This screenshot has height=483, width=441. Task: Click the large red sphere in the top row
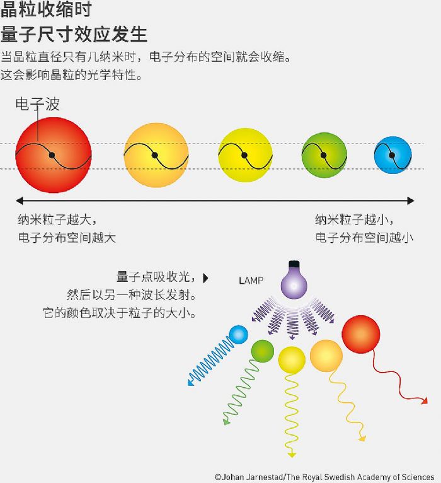pos(54,155)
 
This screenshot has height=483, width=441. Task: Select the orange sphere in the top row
pos(156,155)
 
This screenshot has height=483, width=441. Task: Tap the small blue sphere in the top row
pos(393,155)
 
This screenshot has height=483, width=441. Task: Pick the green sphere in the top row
pos(324,155)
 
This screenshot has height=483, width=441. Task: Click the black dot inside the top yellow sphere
pos(244,155)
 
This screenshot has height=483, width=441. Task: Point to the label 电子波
pos(38,104)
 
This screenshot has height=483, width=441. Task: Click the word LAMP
pos(251,281)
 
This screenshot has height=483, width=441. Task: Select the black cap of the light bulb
pos(294,264)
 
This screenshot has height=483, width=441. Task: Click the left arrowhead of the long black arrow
pos(19,201)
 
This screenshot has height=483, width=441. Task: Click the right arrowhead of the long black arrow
pos(411,201)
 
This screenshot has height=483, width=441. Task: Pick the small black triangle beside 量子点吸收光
pos(205,278)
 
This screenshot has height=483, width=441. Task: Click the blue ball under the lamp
pos(239,335)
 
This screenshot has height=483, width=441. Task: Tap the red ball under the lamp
pos(361,334)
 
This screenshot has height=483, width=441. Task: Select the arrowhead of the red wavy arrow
pos(425,401)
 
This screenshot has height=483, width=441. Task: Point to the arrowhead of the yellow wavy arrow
pos(292,455)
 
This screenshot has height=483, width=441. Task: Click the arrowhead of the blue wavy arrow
pos(190,383)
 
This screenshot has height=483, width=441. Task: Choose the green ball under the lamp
pos(263,351)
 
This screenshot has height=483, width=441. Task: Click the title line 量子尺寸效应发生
pos(74,34)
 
